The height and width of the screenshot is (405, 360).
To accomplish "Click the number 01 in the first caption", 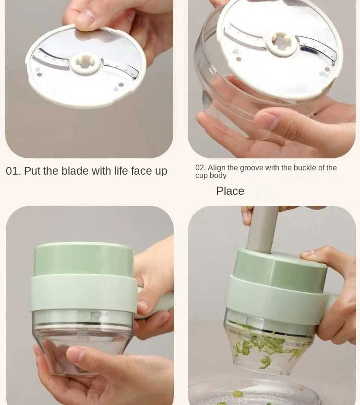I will click(13, 171).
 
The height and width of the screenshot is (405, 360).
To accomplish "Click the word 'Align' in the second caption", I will click(216, 168).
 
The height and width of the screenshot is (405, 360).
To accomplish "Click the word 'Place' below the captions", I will click(230, 191).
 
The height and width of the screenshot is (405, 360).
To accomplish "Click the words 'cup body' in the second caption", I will click(211, 176).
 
